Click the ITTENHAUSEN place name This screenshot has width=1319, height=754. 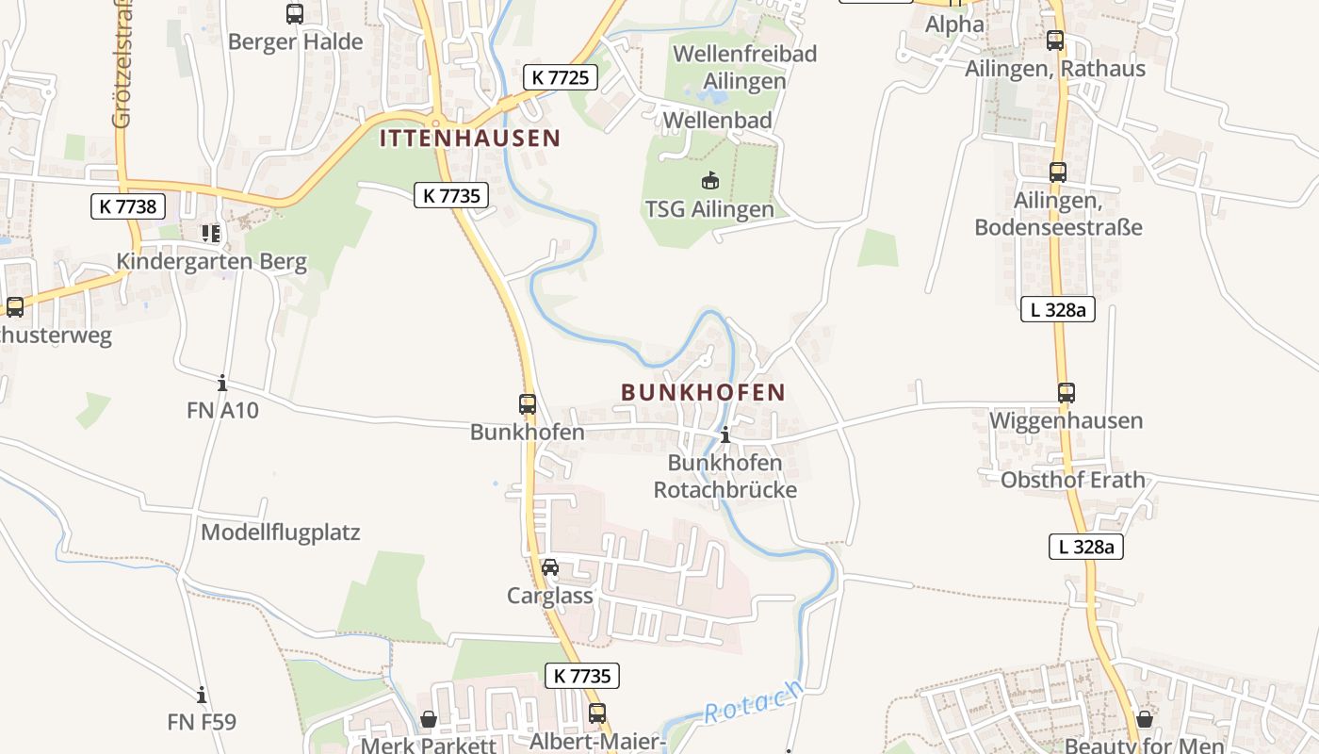tap(469, 139)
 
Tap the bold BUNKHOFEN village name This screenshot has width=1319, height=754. tap(703, 392)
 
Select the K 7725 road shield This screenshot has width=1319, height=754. tap(561, 77)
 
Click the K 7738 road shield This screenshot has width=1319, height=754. tap(128, 206)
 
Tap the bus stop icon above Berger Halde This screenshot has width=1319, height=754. tap(295, 14)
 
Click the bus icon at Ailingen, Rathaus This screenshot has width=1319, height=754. tap(1054, 41)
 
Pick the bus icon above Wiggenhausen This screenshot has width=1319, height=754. tap(1066, 393)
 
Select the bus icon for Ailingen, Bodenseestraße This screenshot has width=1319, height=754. tap(1058, 172)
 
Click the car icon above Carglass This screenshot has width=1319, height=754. tap(550, 567)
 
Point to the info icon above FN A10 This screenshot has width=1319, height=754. tap(222, 383)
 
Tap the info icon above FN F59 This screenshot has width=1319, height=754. tap(202, 696)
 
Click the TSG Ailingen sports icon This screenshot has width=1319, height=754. tap(709, 180)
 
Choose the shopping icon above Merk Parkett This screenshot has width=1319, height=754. tap(429, 719)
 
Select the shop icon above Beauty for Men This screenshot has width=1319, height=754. tap(1144, 719)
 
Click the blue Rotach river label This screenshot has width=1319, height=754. tap(754, 702)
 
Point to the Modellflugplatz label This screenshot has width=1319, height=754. tap(281, 533)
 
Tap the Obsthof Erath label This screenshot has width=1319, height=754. tap(1072, 480)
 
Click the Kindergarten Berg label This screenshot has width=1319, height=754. tap(212, 262)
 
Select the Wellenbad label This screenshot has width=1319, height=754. tap(718, 120)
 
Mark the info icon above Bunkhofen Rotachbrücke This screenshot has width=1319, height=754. tap(725, 435)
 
